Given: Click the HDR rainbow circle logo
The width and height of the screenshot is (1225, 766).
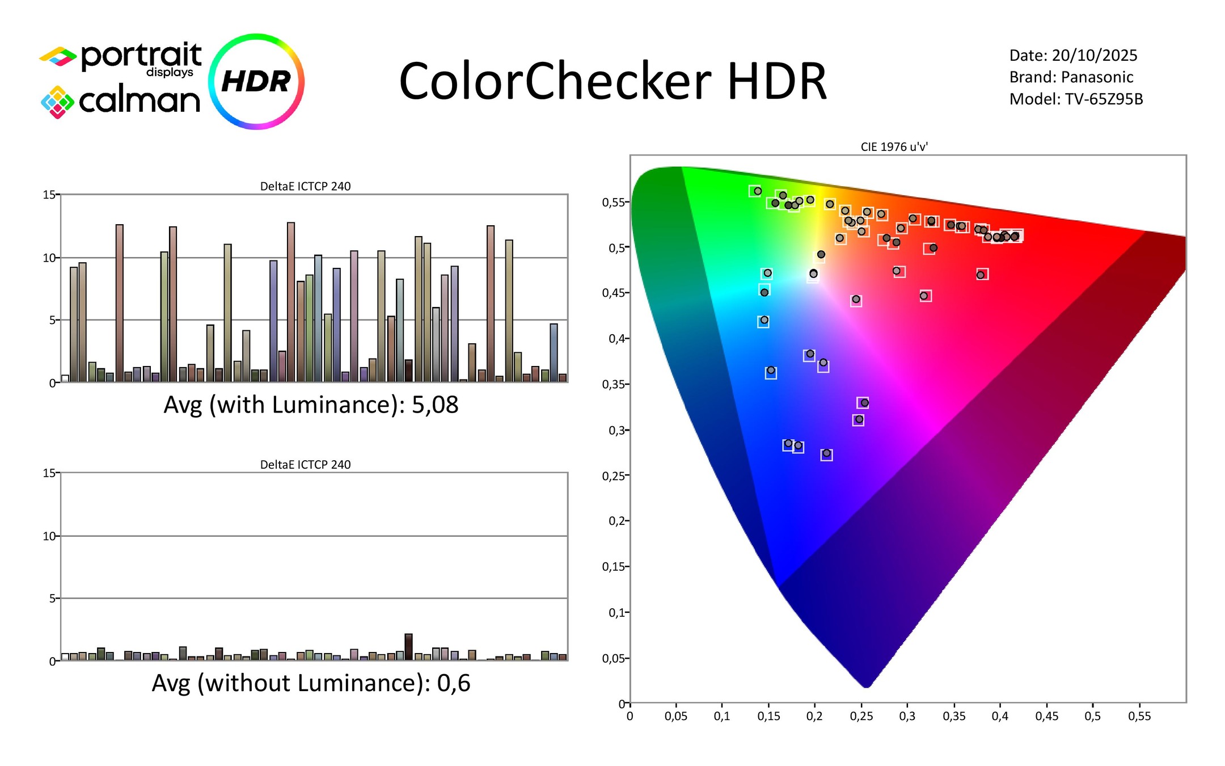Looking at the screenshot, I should tap(256, 81).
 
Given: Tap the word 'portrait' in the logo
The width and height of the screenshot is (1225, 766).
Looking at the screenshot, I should tap(141, 56).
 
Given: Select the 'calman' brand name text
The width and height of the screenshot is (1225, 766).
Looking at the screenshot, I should tap(140, 101).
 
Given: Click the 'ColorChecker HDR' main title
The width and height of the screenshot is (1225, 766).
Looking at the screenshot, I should tap(612, 82).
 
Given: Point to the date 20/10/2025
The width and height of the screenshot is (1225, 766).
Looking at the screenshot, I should tap(1094, 56).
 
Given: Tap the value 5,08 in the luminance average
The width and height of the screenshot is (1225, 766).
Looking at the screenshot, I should tap(434, 405).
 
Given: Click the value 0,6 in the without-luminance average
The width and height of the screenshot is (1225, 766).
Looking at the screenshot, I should tap(453, 683).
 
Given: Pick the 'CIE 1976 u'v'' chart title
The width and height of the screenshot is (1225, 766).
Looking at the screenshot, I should tap(894, 147).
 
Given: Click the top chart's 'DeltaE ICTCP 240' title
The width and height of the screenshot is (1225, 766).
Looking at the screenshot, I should tap(305, 186).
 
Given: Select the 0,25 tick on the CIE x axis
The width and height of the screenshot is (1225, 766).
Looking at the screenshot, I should tap(861, 717).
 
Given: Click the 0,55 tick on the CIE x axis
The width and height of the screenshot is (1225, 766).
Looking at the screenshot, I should tap(1139, 717).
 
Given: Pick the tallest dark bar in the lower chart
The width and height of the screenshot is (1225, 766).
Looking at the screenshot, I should tap(408, 647).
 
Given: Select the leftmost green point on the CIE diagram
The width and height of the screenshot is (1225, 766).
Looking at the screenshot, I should tap(757, 191).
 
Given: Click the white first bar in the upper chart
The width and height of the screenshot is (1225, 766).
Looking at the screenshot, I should tap(65, 378).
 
